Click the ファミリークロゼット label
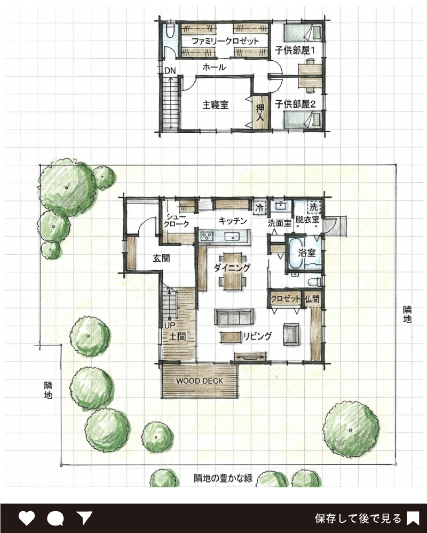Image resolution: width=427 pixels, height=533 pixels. point(225,41)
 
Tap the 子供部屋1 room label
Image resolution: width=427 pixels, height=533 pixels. point(295,51)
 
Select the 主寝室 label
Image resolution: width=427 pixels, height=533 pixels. point(215,104)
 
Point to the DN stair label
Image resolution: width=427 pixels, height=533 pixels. point(170,71)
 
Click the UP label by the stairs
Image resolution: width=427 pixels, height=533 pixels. point(170,325)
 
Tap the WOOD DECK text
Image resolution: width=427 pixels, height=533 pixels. point(200,381)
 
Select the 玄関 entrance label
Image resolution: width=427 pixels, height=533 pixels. point(161,259)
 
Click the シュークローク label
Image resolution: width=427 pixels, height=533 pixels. point(176,220)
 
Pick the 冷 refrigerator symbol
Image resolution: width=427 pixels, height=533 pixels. point(259,207)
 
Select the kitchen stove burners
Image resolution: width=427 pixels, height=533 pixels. point(207,236)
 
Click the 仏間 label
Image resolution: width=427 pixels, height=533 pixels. point(312,299)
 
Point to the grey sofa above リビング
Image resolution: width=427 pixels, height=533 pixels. point(234,317)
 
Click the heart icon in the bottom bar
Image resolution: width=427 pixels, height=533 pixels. point(27,518)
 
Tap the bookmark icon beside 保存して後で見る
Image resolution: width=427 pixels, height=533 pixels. point(413,519)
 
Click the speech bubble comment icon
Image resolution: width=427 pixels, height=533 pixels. point(55,519)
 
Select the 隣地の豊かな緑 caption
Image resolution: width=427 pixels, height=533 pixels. point(223,478)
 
